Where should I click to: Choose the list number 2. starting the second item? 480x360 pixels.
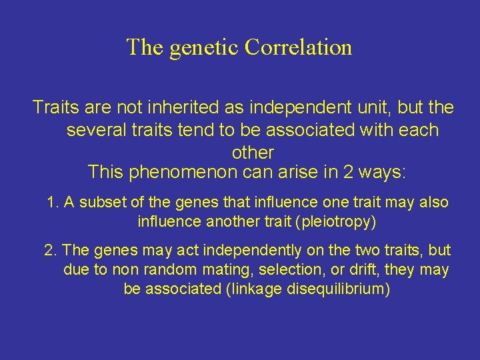click(51, 251)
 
